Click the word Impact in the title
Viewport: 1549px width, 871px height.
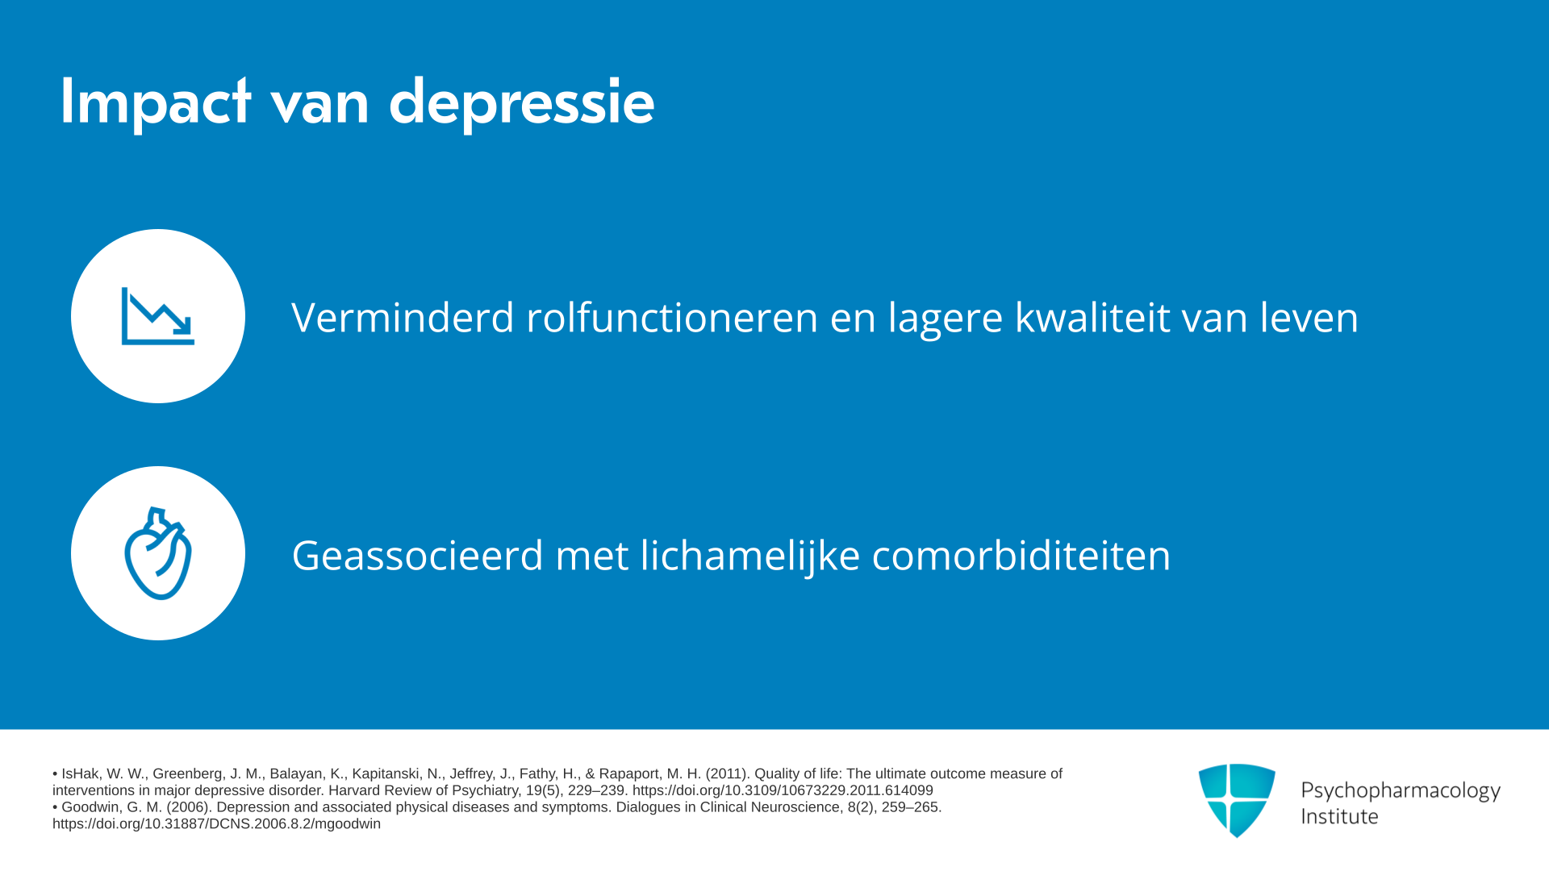tap(156, 102)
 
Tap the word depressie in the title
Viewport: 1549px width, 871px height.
tap(521, 102)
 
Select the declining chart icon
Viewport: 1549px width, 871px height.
tap(158, 316)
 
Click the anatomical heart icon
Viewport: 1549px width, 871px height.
tap(158, 553)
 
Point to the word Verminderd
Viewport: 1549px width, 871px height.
tap(403, 317)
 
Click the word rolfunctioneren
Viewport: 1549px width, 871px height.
tap(672, 317)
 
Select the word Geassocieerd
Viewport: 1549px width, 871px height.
tap(418, 556)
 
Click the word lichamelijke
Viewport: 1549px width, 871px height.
tap(750, 556)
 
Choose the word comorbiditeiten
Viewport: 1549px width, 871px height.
tap(1021, 556)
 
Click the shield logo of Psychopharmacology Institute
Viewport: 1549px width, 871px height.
tap(1237, 800)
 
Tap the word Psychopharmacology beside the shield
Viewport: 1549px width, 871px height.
tap(1401, 791)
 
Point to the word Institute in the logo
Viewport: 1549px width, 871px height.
tap(1339, 816)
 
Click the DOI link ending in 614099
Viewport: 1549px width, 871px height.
tap(783, 790)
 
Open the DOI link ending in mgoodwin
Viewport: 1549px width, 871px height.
tap(216, 824)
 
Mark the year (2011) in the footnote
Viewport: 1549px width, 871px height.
tap(726, 773)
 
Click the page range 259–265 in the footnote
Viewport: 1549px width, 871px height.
tap(910, 807)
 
